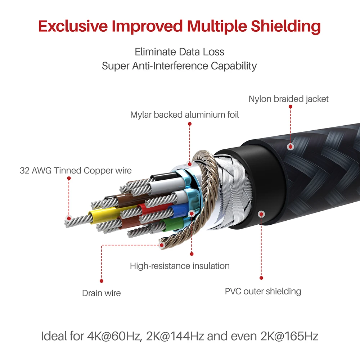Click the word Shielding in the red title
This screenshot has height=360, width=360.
point(285,26)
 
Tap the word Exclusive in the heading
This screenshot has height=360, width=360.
point(73,26)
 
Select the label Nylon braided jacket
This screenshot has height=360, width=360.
point(289,99)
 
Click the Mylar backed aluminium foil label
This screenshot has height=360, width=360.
point(184,114)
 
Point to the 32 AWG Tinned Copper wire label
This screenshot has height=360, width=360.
point(76,171)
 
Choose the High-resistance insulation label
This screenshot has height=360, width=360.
point(180,266)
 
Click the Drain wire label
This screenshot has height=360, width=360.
point(101,293)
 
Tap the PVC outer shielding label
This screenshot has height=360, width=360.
point(263,291)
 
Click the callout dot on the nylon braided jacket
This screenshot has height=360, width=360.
point(291,147)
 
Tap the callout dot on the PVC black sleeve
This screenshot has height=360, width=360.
point(261,215)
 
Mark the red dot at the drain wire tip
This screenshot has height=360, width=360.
point(162,245)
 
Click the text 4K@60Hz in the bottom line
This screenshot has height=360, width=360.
point(114,336)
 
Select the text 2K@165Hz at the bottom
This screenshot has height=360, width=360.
point(289,336)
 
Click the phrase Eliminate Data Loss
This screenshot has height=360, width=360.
point(180,52)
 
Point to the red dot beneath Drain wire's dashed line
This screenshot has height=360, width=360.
point(102,281)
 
